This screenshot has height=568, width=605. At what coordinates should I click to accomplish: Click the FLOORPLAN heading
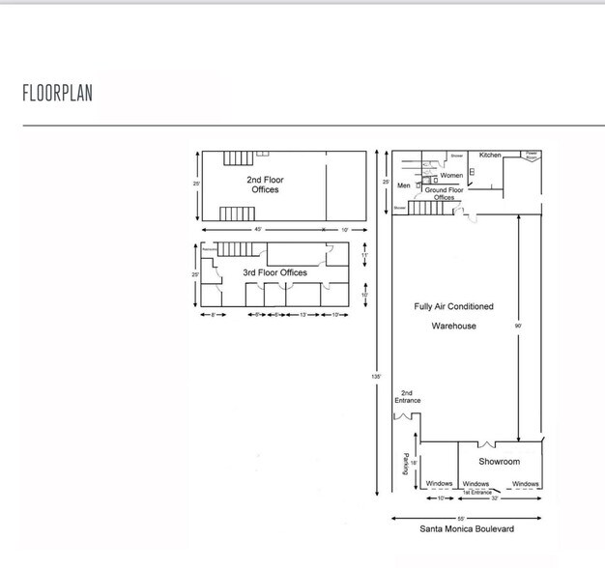point(57,94)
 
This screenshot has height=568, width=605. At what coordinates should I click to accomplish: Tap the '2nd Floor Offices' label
point(265,185)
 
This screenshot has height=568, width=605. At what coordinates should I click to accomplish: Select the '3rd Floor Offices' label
point(274,273)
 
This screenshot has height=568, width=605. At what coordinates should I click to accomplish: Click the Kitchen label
point(490,156)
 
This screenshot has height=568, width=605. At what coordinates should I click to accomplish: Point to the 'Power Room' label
point(532,155)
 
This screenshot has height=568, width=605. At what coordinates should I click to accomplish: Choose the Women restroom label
point(451,176)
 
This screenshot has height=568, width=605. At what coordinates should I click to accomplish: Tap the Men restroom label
point(404,185)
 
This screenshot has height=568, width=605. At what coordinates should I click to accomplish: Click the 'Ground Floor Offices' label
point(444,194)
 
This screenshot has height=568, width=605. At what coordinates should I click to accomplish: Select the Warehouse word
point(453,327)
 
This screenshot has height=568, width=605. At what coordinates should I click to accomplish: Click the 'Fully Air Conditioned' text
point(453,306)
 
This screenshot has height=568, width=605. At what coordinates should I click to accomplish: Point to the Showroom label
point(499,462)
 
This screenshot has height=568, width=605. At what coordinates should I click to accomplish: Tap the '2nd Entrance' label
point(407,396)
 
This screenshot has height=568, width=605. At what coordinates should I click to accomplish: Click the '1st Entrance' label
point(476,493)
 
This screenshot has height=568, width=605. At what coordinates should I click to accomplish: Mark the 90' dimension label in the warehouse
point(519,327)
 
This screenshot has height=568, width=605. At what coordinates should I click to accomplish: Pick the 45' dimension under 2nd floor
point(258,230)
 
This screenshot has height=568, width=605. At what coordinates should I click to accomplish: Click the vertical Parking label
point(405,464)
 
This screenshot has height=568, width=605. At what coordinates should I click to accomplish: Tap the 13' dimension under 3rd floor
point(304,316)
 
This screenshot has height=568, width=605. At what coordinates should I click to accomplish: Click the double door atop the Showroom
point(487,443)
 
